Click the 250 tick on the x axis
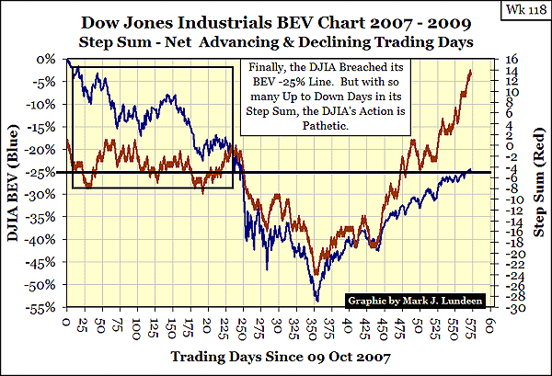241,325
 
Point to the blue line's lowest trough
316,300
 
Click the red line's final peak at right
471,70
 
